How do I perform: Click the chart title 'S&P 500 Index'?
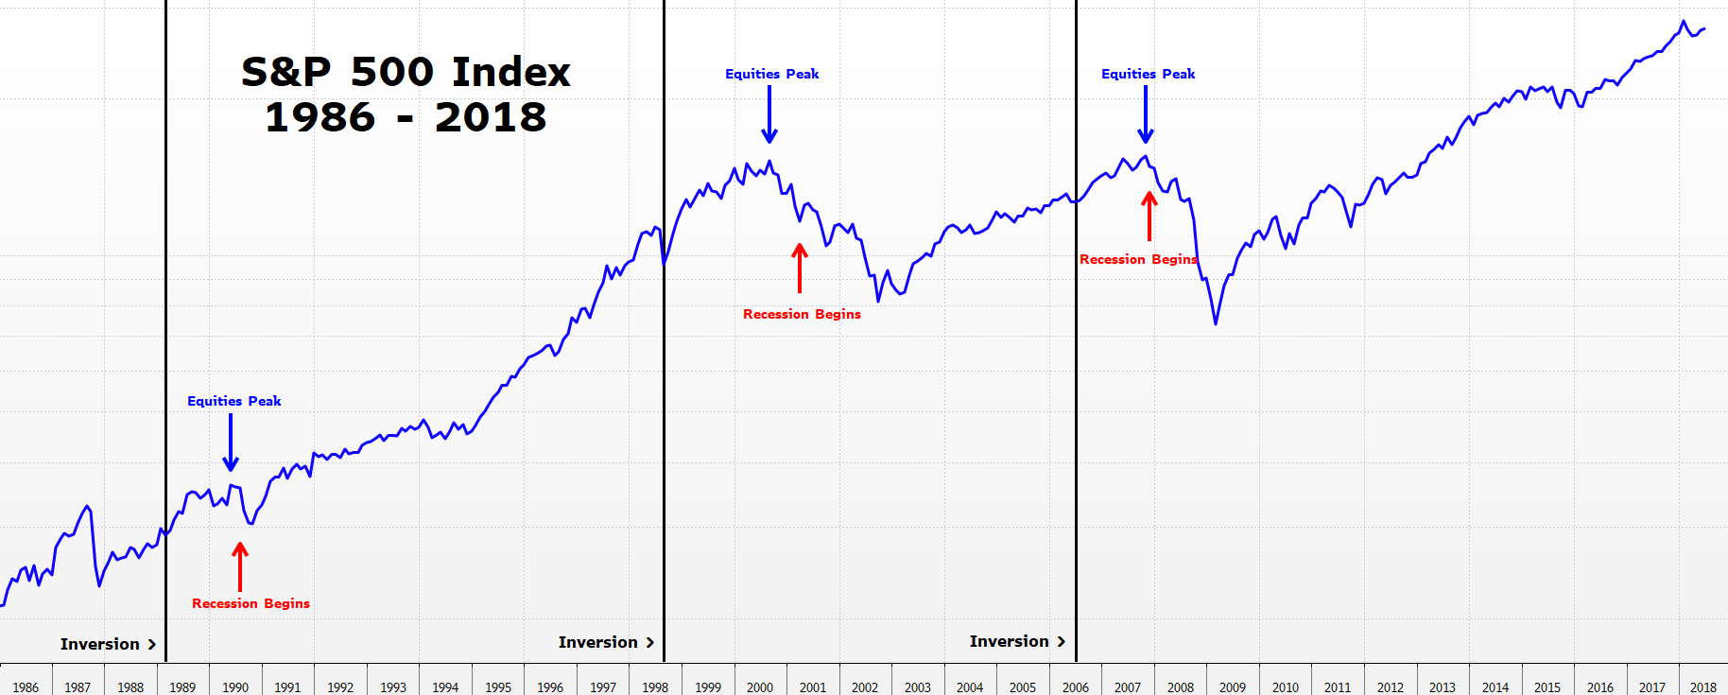406,72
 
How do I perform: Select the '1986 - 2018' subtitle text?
406,117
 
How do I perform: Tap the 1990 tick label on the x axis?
235,687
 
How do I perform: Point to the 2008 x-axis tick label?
1180,687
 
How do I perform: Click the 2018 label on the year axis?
1702,687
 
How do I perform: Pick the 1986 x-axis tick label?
26,687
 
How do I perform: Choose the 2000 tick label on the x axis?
760,687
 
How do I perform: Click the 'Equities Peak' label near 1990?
233,401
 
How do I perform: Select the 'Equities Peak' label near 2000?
771,74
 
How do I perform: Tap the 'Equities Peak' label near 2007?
1148,74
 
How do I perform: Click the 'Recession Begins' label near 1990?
251,603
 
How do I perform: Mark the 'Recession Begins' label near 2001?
802,314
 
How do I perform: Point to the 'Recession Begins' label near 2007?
1138,259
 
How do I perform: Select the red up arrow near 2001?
800,268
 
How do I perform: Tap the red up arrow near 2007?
1149,216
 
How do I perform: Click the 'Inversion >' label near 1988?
108,644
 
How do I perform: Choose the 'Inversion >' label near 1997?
606,642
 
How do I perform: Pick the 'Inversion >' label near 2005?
1017,641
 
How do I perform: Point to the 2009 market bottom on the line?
1216,323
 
